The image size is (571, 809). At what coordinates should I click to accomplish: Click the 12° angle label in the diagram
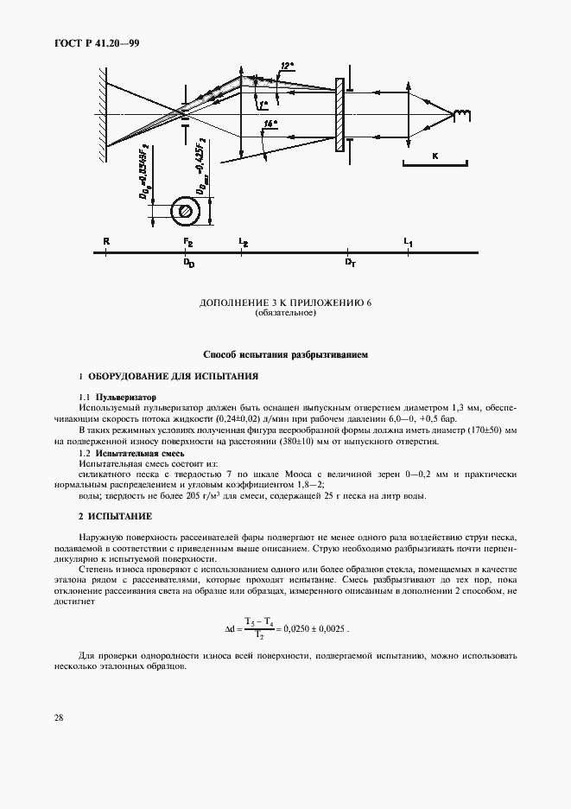pos(286,66)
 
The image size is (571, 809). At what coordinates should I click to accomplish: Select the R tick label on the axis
pos(105,242)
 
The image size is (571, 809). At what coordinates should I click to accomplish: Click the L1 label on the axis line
pos(408,242)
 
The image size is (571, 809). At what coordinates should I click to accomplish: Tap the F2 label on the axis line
pos(187,242)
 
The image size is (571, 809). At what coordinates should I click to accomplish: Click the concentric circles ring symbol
pos(183,209)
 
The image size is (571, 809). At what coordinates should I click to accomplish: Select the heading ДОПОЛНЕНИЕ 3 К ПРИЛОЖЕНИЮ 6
pos(285,303)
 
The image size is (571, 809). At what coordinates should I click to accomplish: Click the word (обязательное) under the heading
pos(285,313)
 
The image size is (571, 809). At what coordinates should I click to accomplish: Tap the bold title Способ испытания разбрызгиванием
pos(285,354)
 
